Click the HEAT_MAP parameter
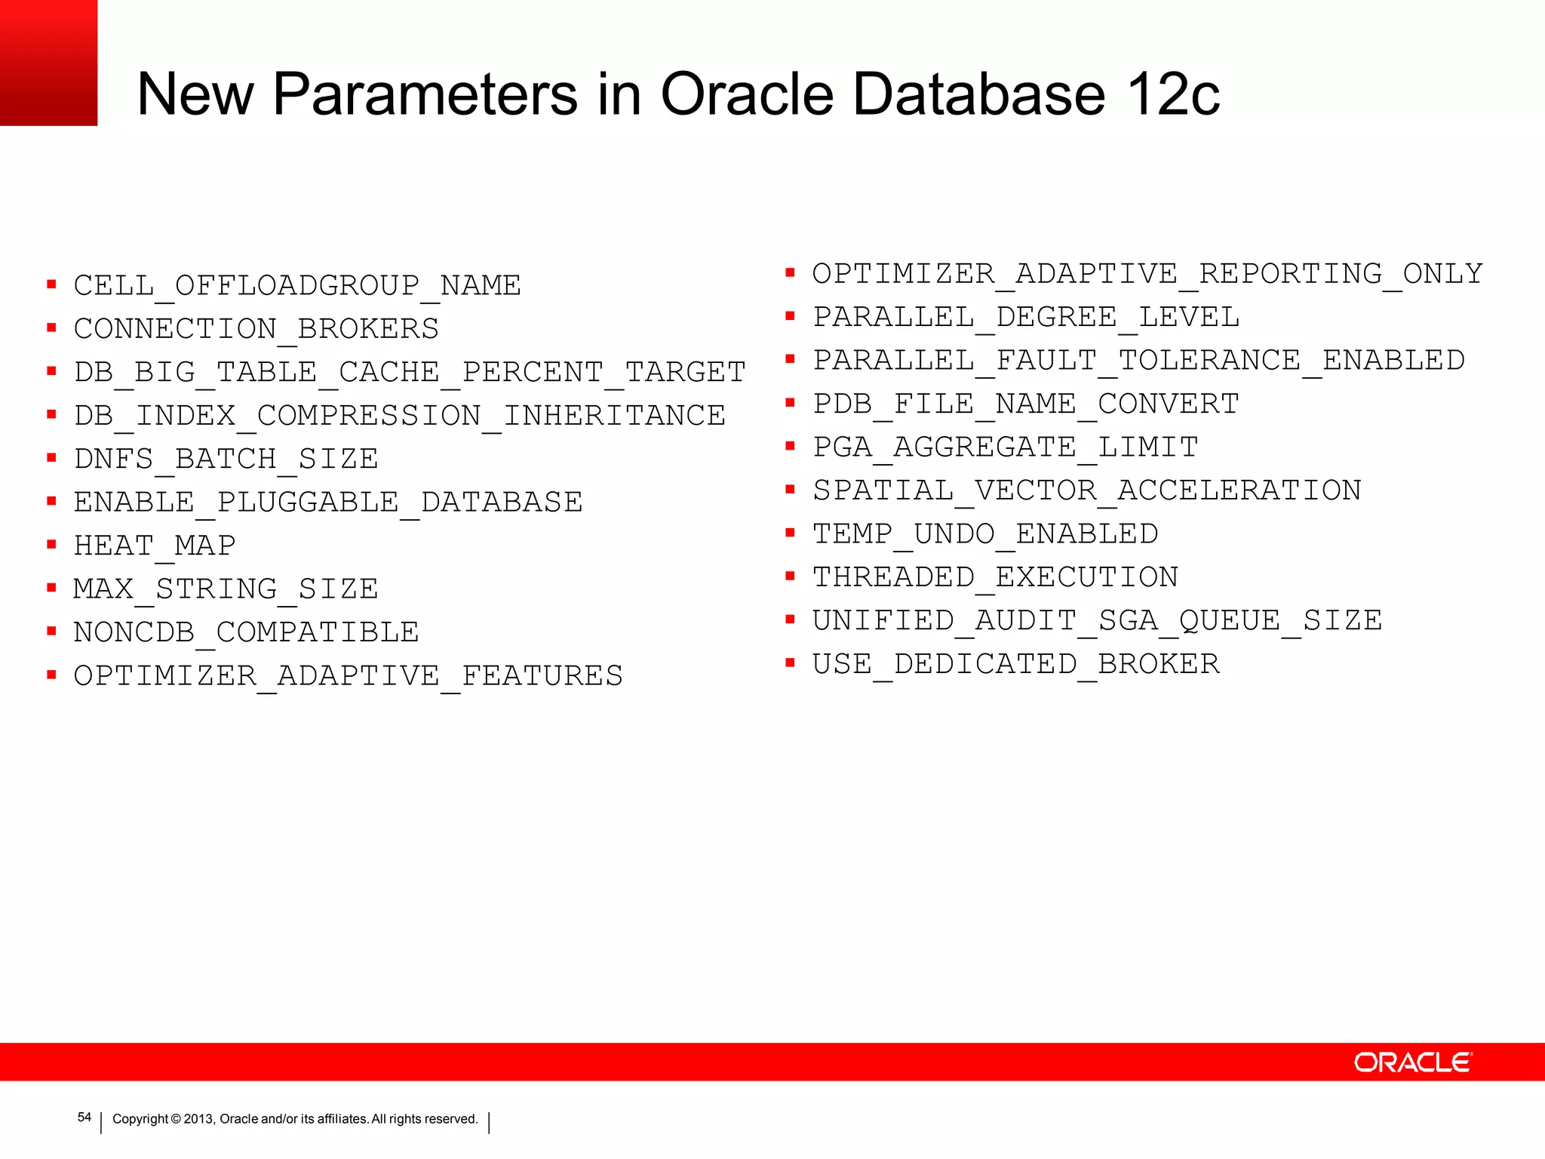tap(155, 545)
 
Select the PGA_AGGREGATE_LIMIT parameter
tap(1005, 447)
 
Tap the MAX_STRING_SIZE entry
tap(226, 589)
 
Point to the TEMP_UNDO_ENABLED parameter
tap(984, 533)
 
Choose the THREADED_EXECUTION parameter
tap(995, 577)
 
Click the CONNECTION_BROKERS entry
tap(256, 329)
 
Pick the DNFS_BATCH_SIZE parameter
tap(226, 459)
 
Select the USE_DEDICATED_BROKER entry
tap(1015, 664)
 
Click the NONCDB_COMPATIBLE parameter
tap(246, 632)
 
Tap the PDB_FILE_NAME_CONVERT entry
tap(1025, 404)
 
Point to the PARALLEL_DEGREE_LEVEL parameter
tap(1025, 317)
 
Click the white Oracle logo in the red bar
tap(1412, 1062)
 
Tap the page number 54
tap(84, 1117)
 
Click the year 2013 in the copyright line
tap(199, 1119)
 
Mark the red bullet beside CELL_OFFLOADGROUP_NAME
tap(51, 284)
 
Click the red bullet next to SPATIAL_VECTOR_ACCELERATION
tap(790, 490)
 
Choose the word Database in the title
tap(980, 94)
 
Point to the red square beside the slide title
tap(48, 63)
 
